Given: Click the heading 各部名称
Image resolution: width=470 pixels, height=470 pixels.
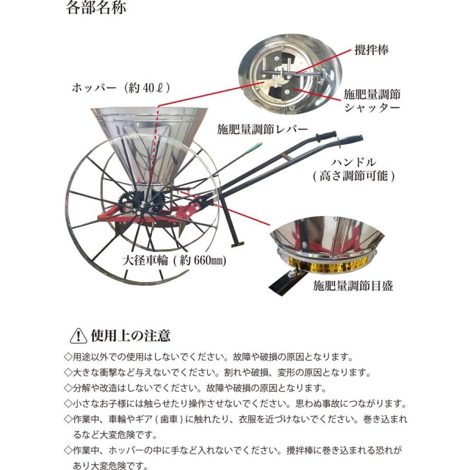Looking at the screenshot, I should (96, 9).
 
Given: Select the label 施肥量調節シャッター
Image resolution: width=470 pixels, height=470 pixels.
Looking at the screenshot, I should (372, 101).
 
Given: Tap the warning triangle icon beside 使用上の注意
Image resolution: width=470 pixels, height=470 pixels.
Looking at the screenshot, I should (78, 335).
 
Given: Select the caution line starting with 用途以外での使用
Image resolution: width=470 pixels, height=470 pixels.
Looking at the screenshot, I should (209, 358).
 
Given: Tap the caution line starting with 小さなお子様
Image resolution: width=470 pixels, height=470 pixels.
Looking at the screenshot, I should (235, 404).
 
